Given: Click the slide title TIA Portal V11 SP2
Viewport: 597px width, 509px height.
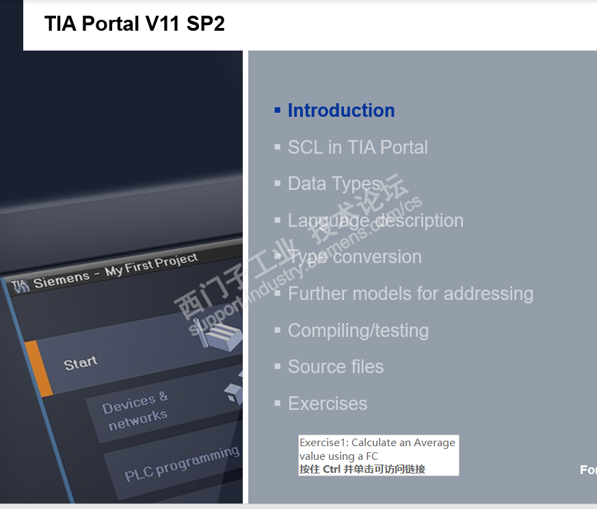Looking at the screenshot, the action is point(135,24).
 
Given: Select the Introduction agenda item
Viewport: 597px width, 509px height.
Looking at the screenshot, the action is point(341,110).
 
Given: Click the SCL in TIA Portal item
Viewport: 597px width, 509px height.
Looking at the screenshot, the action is point(358,147).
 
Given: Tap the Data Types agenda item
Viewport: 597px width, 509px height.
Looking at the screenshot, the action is point(334,184).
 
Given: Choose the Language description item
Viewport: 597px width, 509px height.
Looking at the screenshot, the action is point(375,221).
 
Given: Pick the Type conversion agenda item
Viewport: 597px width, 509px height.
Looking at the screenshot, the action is point(355,257).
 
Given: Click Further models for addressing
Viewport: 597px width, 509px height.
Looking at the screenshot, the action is point(410,294).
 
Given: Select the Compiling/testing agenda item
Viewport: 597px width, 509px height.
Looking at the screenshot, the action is point(358,331).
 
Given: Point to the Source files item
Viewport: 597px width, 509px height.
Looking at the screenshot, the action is point(336,367).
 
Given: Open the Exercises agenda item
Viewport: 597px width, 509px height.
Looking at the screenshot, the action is point(328,404).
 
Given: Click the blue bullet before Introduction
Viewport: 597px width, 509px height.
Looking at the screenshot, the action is point(278,111).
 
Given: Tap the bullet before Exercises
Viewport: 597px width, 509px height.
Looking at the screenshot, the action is point(278,403).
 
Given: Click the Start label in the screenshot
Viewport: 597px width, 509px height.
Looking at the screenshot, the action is point(80,363).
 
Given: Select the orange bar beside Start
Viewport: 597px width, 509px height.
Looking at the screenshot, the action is point(39,368).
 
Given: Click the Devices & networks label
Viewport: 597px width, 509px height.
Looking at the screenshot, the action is point(135,411).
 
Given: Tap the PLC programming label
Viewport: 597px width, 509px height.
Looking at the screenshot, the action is point(182,463).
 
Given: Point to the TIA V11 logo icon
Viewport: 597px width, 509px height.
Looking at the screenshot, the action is point(21,286).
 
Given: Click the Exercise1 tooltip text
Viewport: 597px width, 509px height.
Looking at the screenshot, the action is point(377,450).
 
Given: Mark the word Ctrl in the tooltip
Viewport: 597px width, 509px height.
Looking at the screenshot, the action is point(331,469).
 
